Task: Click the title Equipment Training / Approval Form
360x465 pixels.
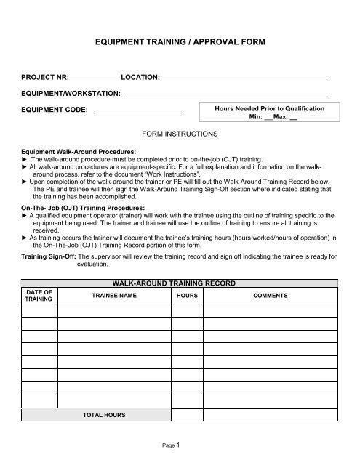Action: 180,44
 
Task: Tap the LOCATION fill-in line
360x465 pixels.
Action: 244,78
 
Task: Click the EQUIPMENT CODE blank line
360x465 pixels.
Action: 137,111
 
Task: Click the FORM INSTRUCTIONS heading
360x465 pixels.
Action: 179,134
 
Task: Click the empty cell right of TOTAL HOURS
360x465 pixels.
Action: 186,414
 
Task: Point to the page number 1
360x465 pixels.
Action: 187,444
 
